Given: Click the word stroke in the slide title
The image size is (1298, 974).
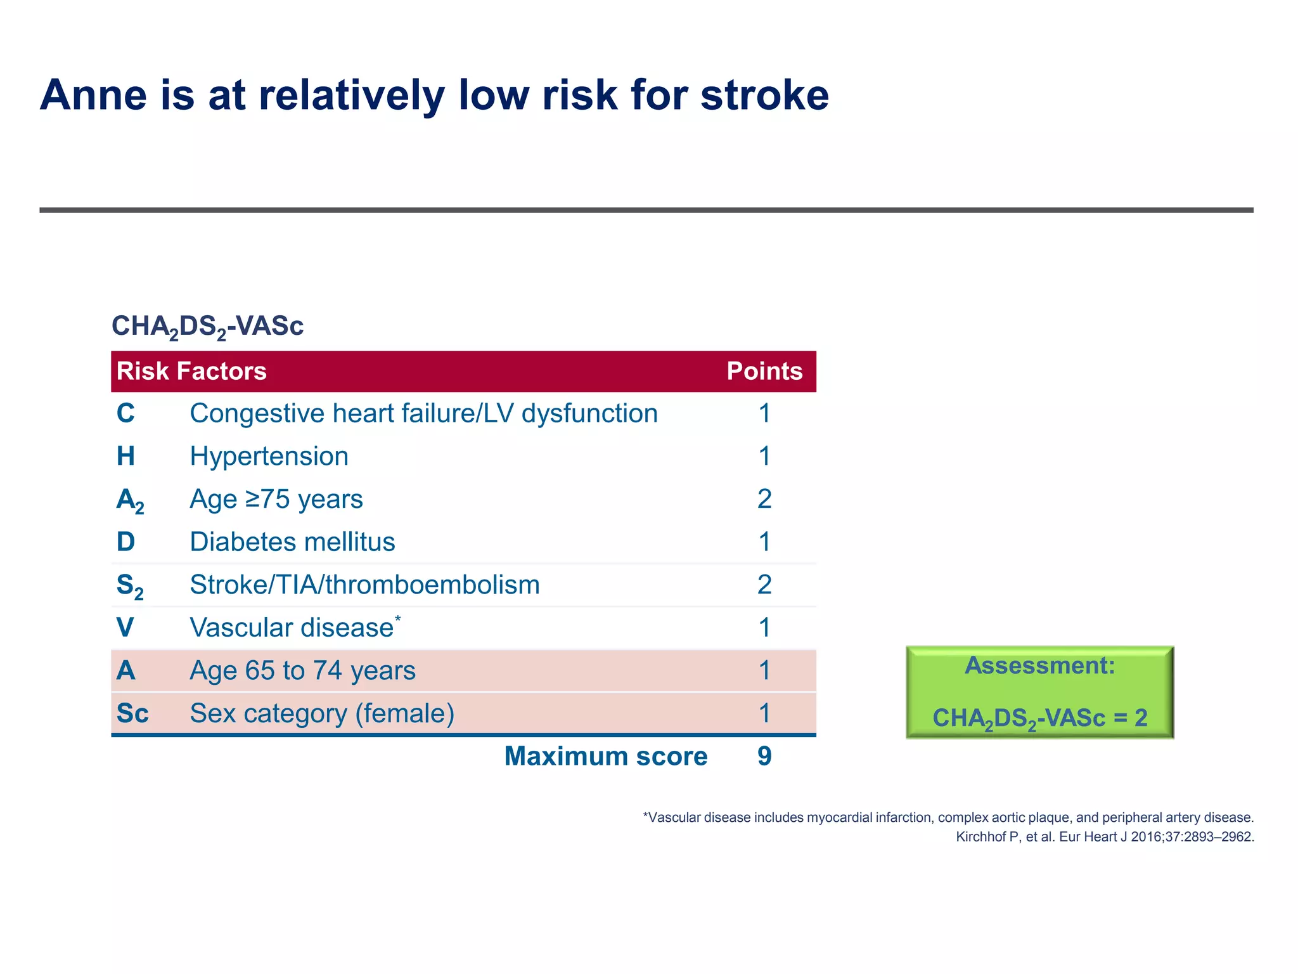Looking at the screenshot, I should pyautogui.click(x=764, y=95).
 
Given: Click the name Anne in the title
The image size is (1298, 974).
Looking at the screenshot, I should pyautogui.click(x=93, y=95).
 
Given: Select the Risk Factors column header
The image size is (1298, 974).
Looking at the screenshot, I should pyautogui.click(x=191, y=371).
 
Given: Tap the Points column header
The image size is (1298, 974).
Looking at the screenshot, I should pyautogui.click(x=764, y=371).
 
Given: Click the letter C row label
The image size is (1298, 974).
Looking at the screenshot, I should pyautogui.click(x=125, y=413).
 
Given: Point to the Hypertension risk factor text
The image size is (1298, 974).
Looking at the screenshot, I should pyautogui.click(x=269, y=457).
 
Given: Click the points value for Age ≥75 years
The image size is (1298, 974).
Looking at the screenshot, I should pyautogui.click(x=764, y=499).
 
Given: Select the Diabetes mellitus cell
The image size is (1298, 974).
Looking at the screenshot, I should pyautogui.click(x=292, y=542).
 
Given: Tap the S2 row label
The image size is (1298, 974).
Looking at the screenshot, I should pyautogui.click(x=130, y=585).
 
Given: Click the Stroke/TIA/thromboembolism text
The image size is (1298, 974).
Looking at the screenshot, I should pyautogui.click(x=364, y=585).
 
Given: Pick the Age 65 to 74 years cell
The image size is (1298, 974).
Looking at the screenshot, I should pyautogui.click(x=302, y=671).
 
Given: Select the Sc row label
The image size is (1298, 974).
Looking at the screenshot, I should pyautogui.click(x=132, y=713).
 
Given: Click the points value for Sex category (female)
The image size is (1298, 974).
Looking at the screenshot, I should pyautogui.click(x=764, y=713).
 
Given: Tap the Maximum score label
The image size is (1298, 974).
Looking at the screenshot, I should pyautogui.click(x=605, y=756).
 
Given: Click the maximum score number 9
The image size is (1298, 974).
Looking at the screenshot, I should pyautogui.click(x=764, y=756).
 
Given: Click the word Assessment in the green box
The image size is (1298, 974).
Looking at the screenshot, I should pyautogui.click(x=1039, y=666).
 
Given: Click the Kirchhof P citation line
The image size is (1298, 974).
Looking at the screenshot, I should pyautogui.click(x=1105, y=837).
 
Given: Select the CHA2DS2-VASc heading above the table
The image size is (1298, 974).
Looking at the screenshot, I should pyautogui.click(x=207, y=327).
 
